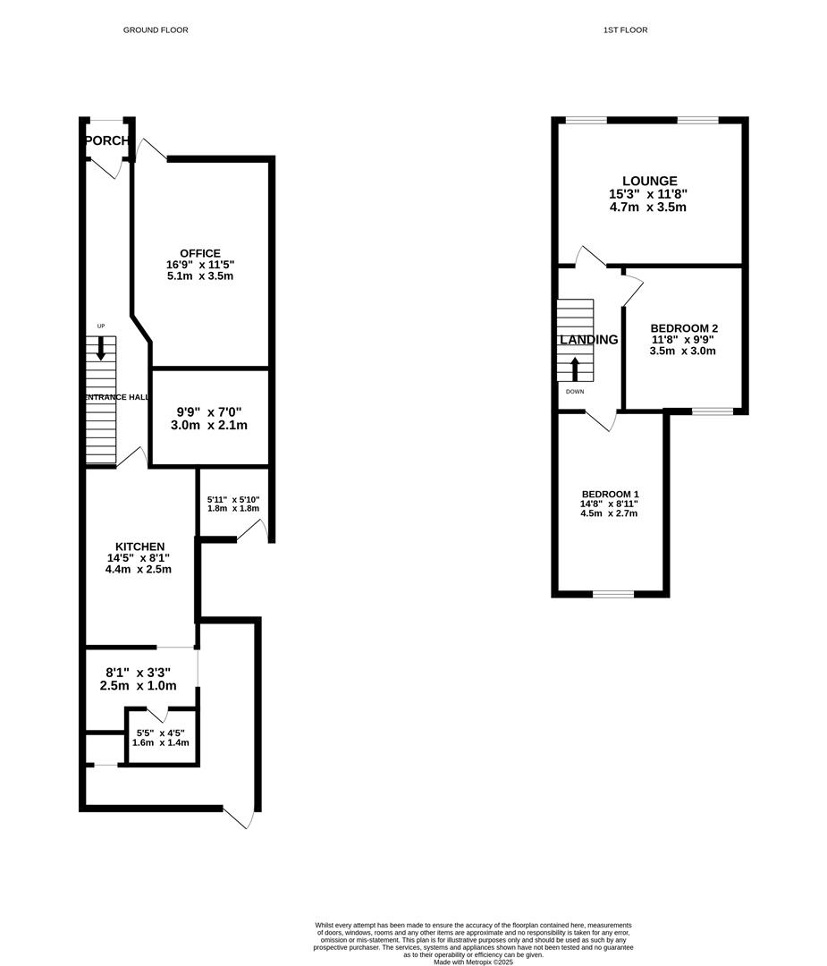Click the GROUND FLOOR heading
coord(156,30)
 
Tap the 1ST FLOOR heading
coord(625,30)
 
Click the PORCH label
coord(106,141)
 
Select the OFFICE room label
coord(199,253)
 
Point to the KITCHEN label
coord(139,547)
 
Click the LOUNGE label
coord(649,181)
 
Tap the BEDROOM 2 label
coord(684,328)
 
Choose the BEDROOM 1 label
coord(610,495)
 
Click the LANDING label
coord(588,340)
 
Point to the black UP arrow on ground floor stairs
coord(101,347)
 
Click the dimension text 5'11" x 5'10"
coord(232,500)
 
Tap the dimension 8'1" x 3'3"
coord(138,673)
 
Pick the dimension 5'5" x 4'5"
coord(160,733)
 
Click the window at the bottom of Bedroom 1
coord(612,594)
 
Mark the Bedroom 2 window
coord(713,411)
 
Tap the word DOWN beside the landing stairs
coord(575,392)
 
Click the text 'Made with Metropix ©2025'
coord(474,962)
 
